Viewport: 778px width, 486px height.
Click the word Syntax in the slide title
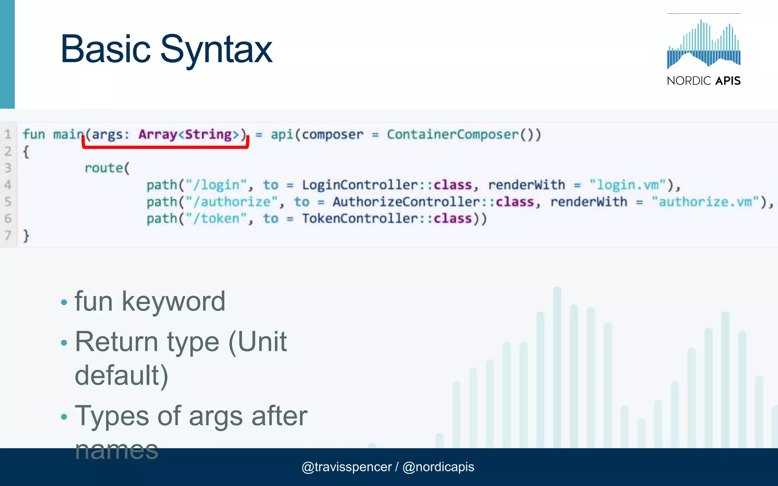pos(216,49)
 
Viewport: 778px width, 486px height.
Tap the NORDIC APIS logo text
pos(704,80)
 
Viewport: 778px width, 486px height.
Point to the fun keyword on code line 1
pos(33,134)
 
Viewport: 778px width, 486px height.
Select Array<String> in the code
pos(188,134)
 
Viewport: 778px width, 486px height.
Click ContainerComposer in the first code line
pos(452,134)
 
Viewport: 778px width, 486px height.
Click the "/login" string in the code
pos(216,185)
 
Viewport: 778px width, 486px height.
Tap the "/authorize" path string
pos(232,202)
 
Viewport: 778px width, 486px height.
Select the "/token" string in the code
pos(216,219)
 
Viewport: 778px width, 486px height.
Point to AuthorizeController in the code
pos(406,202)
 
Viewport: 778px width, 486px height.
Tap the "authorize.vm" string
pos(705,202)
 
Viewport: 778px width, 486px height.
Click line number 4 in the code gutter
pos(8,185)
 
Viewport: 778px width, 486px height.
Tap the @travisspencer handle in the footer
pos(346,467)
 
